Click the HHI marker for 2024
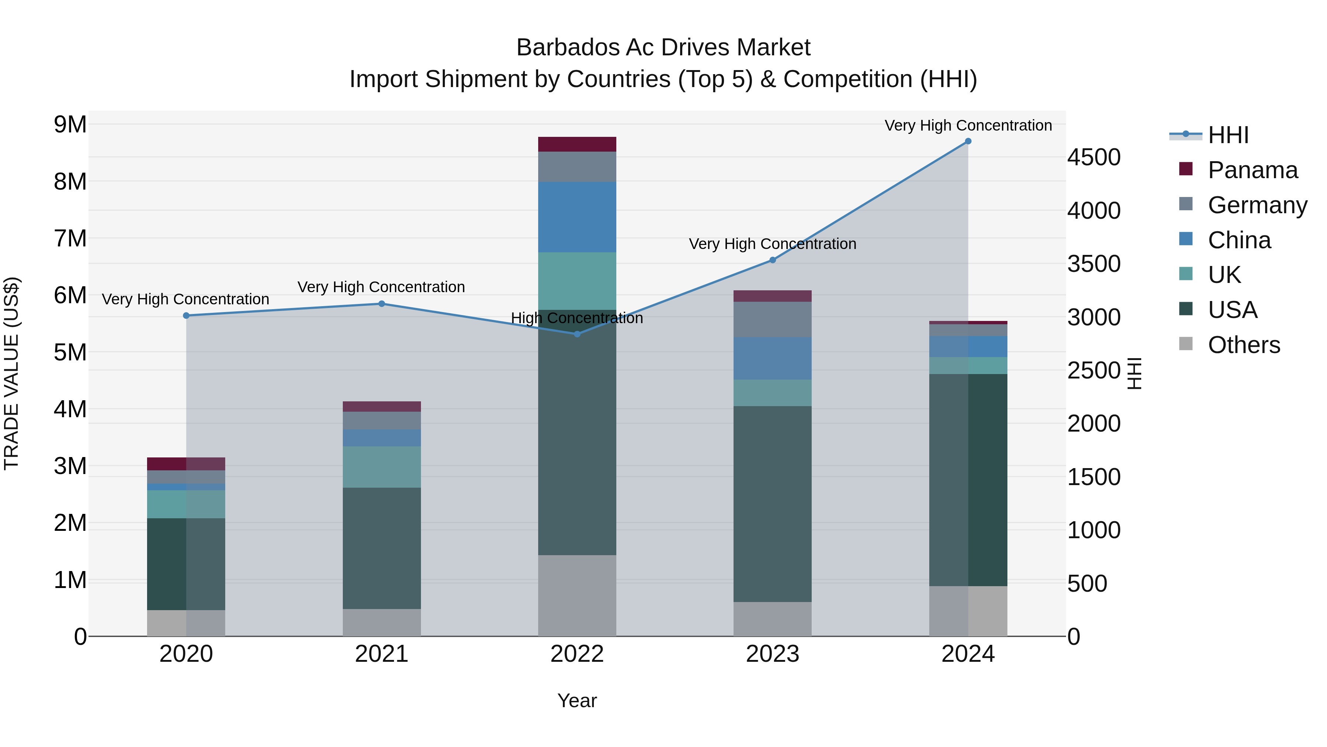968,141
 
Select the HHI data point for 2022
577,334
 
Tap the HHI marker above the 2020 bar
187,315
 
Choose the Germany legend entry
1257,205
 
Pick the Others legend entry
1244,345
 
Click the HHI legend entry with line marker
1228,135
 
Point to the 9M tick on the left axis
70,124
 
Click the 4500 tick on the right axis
1094,157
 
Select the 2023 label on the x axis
772,654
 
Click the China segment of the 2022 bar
577,217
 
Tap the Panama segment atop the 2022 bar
577,144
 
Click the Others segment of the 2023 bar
772,619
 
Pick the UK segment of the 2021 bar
382,467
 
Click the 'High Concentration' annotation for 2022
577,318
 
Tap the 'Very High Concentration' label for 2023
772,244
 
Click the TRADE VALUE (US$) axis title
11,373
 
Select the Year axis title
577,701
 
